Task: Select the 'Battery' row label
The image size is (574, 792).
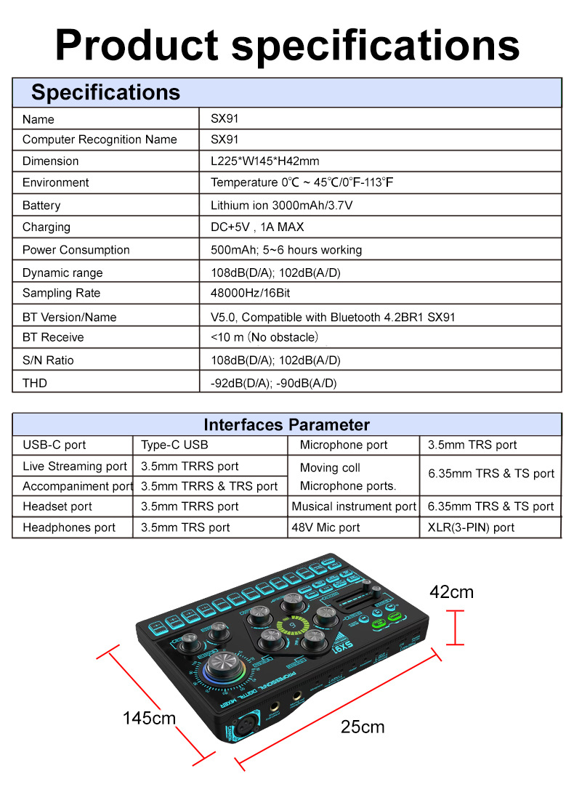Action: (41, 206)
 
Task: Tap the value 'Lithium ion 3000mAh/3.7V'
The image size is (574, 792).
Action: (281, 206)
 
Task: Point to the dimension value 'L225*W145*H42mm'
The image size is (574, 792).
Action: (264, 161)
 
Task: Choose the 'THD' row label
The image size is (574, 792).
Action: (34, 383)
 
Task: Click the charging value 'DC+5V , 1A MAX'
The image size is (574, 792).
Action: (257, 227)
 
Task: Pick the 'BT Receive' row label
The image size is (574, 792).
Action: (53, 338)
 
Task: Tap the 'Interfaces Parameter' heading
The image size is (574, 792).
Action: (286, 425)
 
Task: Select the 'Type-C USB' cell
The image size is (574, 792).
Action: (174, 445)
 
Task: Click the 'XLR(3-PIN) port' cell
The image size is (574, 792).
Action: (471, 528)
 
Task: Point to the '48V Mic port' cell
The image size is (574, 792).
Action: (326, 528)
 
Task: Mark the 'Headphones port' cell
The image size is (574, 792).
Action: (69, 528)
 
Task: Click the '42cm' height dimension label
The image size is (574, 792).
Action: (451, 592)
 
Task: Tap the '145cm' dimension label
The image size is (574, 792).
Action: (149, 718)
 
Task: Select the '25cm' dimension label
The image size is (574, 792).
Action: (363, 727)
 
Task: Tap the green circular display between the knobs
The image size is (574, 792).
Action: (291, 625)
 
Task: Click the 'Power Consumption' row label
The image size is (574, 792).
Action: (76, 250)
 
